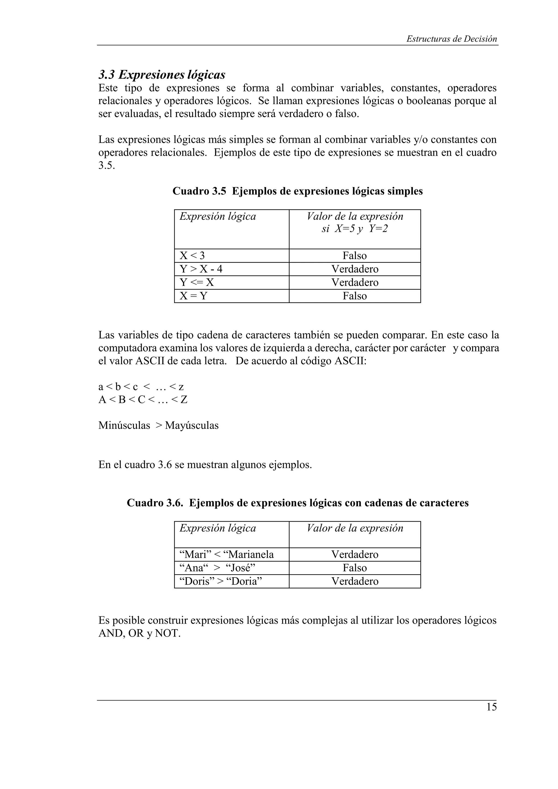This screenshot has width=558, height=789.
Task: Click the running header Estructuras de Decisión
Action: point(451,39)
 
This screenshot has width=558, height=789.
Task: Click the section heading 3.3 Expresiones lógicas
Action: point(162,74)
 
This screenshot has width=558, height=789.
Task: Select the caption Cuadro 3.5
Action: point(298,191)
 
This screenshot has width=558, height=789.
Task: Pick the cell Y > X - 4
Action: point(201,269)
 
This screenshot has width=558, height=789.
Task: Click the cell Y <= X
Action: point(197,283)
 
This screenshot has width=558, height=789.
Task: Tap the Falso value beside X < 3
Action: point(354,256)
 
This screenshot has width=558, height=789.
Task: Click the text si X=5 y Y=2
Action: point(354,228)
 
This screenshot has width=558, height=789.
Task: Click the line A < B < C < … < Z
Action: point(143,400)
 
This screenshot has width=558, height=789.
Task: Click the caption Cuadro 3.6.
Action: point(298,503)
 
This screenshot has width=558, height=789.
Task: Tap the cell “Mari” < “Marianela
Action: point(227,554)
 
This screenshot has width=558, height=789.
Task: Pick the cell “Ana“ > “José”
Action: point(217,568)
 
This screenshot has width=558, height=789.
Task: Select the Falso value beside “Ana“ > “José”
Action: point(354,568)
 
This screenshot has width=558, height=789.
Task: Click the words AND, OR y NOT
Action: point(139,633)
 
